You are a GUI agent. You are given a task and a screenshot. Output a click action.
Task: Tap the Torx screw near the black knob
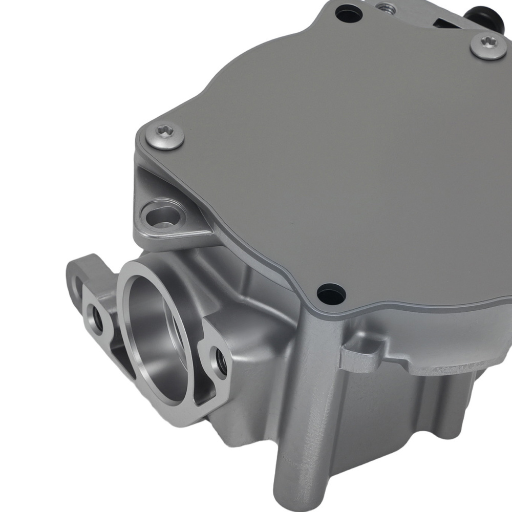(x=487, y=46)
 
